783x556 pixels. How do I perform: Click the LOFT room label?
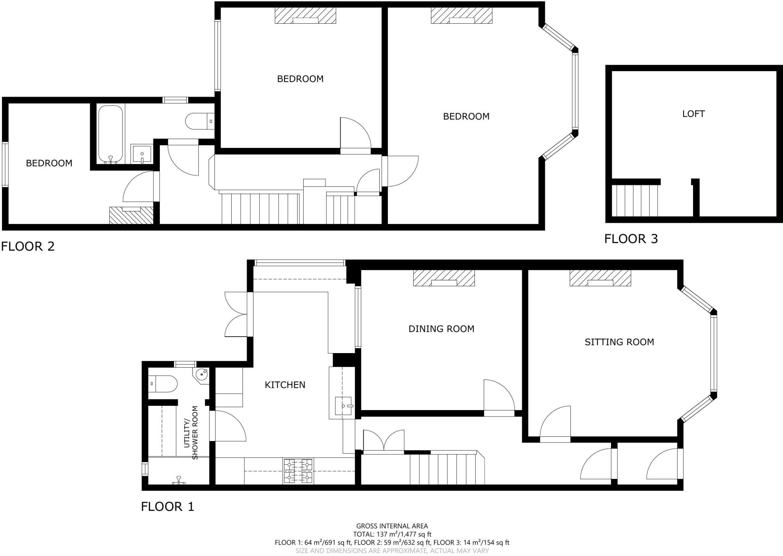click(x=693, y=114)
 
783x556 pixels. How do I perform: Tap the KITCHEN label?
click(x=285, y=385)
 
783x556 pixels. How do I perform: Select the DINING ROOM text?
click(x=441, y=329)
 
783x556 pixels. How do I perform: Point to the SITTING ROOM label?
click(x=619, y=342)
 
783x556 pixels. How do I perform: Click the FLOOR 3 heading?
click(x=631, y=239)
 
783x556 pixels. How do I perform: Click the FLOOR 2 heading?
click(x=28, y=246)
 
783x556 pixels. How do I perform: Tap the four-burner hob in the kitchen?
click(x=298, y=471)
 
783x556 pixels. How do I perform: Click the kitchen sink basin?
click(x=343, y=406)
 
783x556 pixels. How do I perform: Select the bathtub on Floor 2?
click(x=111, y=134)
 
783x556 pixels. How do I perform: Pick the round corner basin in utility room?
click(x=202, y=374)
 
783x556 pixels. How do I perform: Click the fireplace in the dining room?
click(x=444, y=278)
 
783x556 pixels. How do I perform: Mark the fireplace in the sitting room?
click(x=600, y=278)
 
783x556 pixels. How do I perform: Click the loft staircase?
click(x=635, y=200)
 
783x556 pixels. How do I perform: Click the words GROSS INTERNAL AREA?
click(x=392, y=526)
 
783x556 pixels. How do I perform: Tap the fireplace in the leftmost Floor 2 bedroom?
click(x=131, y=215)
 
